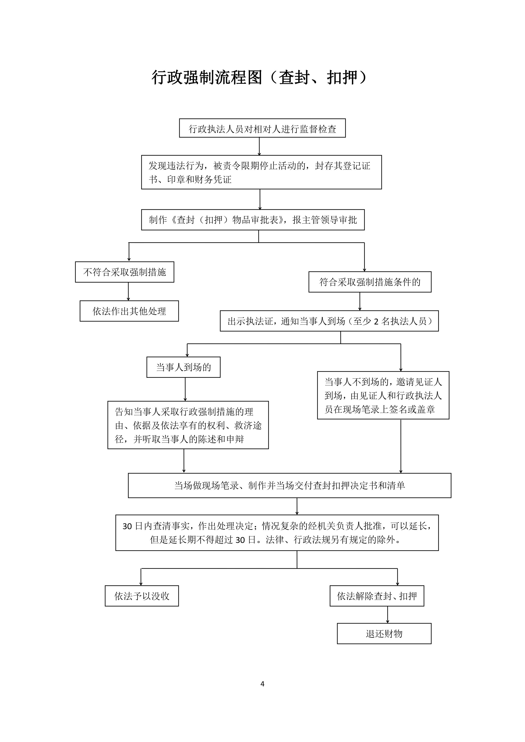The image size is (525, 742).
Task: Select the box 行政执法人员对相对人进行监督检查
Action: point(262,128)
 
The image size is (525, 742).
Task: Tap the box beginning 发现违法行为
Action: point(261,172)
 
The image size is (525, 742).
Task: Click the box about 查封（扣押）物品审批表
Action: point(253,220)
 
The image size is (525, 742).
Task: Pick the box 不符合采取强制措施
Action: point(124,272)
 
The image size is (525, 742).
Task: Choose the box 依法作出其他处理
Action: point(129,311)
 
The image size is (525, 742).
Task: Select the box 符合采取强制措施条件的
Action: point(370,282)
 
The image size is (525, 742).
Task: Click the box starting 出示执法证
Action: point(329,321)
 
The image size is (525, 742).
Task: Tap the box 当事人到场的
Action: point(183,367)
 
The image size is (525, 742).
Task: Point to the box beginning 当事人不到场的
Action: point(383,395)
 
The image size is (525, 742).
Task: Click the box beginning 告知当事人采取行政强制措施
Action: point(188,425)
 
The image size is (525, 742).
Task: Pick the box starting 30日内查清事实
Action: point(277,533)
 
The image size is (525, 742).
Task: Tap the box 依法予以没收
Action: point(142,596)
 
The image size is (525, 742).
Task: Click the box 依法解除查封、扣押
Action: point(377,596)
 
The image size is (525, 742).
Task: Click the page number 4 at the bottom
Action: point(262,683)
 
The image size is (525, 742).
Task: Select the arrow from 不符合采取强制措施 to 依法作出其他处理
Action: point(128,291)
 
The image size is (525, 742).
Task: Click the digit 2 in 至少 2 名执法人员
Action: point(376,322)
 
